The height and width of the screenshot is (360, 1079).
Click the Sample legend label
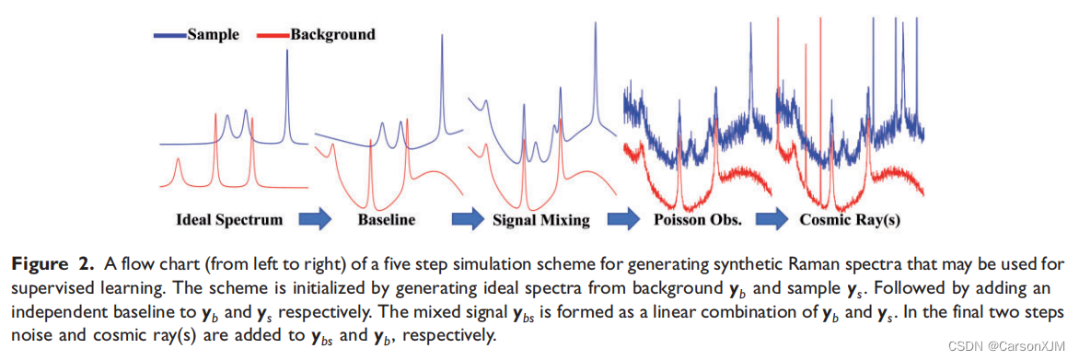[x=213, y=35]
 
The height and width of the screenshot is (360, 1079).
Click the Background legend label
[x=332, y=35]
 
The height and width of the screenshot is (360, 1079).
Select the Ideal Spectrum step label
[x=229, y=220]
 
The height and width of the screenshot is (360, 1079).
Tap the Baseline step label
[x=386, y=220]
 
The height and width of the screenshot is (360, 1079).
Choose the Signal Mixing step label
[x=541, y=220]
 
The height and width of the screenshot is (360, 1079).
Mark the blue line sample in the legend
[x=169, y=35]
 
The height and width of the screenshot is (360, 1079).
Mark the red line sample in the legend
[x=270, y=35]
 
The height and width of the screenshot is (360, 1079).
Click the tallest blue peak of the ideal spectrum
[x=286, y=55]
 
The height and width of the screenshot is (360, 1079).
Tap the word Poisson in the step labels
[x=679, y=220]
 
